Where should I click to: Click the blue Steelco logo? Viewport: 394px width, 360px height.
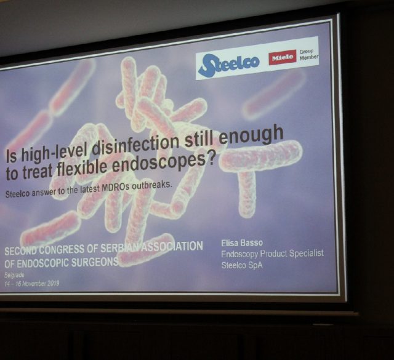click(229, 64)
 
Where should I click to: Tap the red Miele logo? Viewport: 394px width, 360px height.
click(282, 57)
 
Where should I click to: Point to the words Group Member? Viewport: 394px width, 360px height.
click(309, 55)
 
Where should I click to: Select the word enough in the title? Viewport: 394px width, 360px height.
click(251, 136)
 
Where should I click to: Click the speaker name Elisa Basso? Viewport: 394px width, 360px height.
click(242, 243)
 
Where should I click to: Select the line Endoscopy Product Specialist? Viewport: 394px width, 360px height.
click(272, 254)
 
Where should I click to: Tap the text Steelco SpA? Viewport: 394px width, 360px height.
click(242, 265)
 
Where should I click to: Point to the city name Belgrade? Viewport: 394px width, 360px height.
click(14, 275)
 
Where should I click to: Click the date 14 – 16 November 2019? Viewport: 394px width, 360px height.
click(31, 284)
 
